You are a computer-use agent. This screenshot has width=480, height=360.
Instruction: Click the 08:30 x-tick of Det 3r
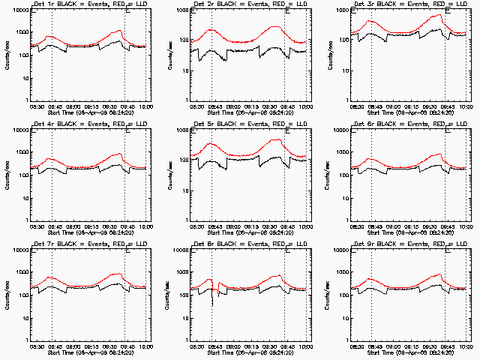(357, 106)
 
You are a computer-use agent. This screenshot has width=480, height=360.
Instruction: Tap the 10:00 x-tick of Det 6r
(466, 226)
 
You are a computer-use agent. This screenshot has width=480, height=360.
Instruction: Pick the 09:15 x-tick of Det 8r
(251, 346)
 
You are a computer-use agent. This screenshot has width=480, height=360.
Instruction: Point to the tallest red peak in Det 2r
(275, 28)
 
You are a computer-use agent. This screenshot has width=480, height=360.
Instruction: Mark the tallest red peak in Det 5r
(276, 139)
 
